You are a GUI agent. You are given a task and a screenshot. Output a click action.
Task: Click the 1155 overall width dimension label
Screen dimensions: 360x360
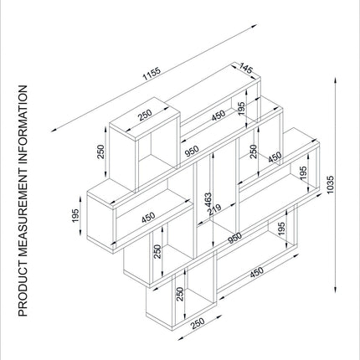pyautogui.click(x=152, y=74)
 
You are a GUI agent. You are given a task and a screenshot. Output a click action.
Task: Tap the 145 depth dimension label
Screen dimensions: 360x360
pyautogui.click(x=246, y=69)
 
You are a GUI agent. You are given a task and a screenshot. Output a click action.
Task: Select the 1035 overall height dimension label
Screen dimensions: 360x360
pyautogui.click(x=330, y=184)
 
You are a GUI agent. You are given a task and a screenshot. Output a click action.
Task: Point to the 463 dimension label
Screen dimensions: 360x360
pyautogui.click(x=208, y=200)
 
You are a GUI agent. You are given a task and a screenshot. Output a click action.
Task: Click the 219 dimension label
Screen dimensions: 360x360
pyautogui.click(x=215, y=208)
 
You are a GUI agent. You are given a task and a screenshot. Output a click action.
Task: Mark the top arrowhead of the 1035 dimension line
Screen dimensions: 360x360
pyautogui.click(x=336, y=80)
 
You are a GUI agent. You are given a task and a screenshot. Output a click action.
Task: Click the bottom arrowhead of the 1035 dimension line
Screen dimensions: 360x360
pyautogui.click(x=336, y=289)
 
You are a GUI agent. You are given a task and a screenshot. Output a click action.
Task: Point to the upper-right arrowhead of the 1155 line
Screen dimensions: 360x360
pyautogui.click(x=254, y=26)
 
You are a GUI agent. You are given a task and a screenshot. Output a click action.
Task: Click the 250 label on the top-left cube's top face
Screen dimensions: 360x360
pyautogui.click(x=145, y=115)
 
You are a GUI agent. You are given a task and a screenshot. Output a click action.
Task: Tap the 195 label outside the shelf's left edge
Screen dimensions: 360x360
pyautogui.click(x=75, y=216)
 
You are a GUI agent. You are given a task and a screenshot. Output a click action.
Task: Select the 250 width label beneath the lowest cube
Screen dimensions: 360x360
pyautogui.click(x=198, y=323)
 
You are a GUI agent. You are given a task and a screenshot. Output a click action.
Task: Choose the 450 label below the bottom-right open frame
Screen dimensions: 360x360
pyautogui.click(x=256, y=272)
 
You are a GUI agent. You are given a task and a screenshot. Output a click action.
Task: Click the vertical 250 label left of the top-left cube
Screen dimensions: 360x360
pyautogui.click(x=100, y=152)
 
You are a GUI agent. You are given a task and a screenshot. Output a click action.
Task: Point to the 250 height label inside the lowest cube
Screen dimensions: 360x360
pyautogui.click(x=180, y=295)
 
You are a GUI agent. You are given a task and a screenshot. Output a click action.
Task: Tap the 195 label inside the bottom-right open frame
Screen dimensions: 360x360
pyautogui.click(x=281, y=229)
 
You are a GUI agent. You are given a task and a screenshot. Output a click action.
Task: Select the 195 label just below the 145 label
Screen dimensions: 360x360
pyautogui.click(x=241, y=108)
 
